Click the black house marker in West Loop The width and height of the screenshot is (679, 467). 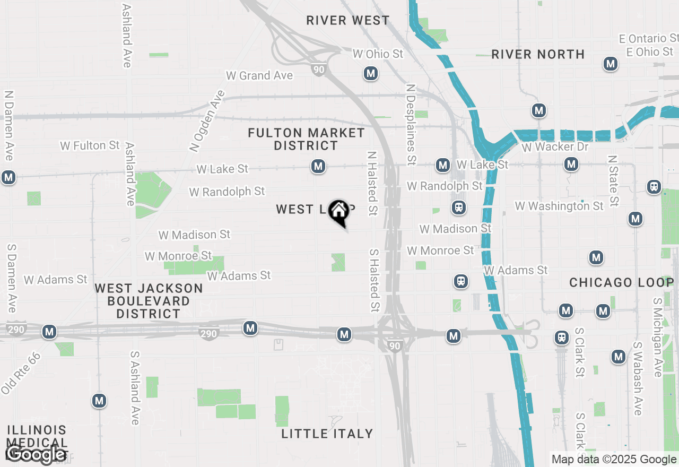pos(338,212)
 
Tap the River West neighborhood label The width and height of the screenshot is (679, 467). pos(348,21)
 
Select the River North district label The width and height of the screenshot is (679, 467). pos(538,54)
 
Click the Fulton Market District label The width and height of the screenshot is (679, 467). pos(306,139)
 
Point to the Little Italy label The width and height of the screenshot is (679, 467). pos(327,434)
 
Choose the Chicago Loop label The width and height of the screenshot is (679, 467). pos(621,282)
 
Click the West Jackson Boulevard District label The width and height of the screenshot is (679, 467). pos(149,301)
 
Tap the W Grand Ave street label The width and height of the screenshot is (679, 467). pos(259,75)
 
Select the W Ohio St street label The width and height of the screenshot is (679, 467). pos(378,54)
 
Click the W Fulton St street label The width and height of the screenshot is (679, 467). pos(90,145)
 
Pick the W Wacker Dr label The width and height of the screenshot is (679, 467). pos(555,147)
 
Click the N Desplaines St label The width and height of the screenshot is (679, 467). pos(411,124)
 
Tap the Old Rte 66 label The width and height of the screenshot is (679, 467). pos(21,373)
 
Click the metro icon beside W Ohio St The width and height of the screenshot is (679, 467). pos(371,73)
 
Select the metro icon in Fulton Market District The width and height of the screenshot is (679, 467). pos(318,166)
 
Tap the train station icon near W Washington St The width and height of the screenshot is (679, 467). pos(459,207)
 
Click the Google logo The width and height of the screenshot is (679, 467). pos(36,454)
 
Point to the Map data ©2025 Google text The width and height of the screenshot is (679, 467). pos(614,460)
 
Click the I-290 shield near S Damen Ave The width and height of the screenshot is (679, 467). pos(17,330)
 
